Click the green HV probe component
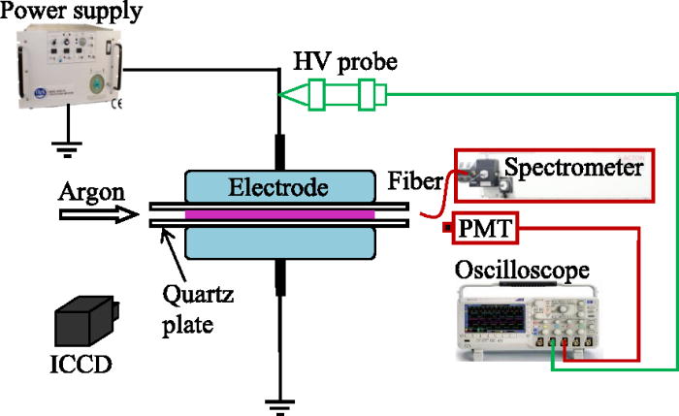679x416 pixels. click(335, 95)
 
